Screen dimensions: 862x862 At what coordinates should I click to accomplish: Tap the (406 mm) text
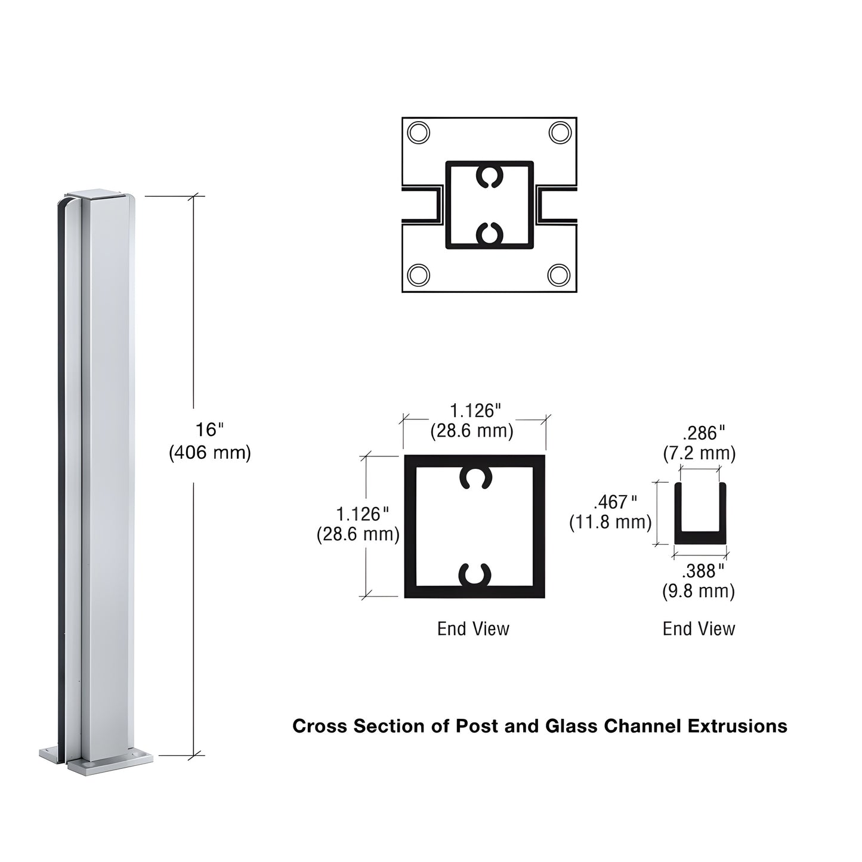pos(210,453)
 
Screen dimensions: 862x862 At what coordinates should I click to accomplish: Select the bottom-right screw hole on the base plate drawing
pos(559,276)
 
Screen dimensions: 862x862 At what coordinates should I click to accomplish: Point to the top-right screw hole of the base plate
pos(560,132)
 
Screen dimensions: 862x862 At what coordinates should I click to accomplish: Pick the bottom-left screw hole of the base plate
pos(419,276)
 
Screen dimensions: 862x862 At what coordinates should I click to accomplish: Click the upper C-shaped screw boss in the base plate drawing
pos(489,176)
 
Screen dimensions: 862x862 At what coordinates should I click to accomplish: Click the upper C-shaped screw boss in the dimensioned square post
pos(475,477)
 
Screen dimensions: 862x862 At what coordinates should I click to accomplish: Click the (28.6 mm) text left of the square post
pos(358,534)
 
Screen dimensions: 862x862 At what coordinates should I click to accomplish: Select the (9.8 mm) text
pos(699,592)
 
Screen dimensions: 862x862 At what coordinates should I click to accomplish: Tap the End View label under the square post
pos(473,629)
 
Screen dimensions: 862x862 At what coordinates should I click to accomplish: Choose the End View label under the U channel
pos(699,629)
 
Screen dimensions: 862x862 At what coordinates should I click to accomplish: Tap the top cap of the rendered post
pos(95,194)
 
